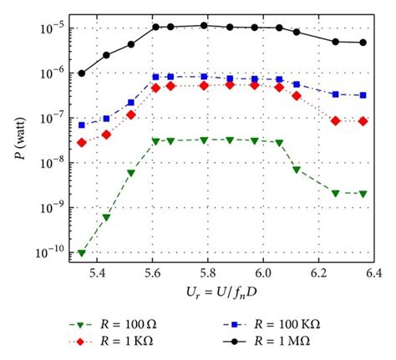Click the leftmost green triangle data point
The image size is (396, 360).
82,252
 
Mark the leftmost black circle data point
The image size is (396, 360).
82,74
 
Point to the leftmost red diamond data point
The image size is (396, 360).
82,143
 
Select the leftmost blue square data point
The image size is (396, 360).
82,125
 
